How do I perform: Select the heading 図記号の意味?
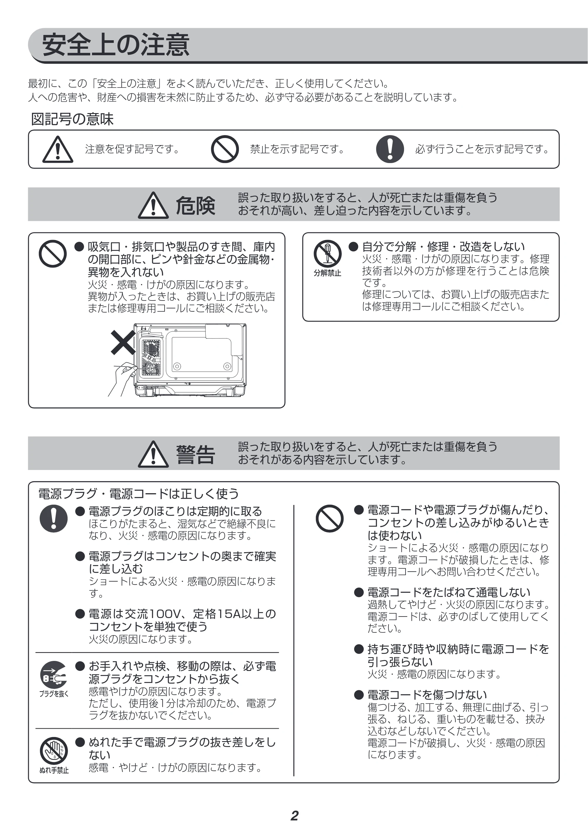72,119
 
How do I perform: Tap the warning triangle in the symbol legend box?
58,149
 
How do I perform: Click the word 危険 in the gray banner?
195,205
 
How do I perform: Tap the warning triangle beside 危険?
153,205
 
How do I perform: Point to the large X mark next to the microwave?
123,343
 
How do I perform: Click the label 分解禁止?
327,273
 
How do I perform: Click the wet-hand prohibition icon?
53,751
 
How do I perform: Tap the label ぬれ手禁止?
54,770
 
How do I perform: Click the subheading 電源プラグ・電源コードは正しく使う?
139,494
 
